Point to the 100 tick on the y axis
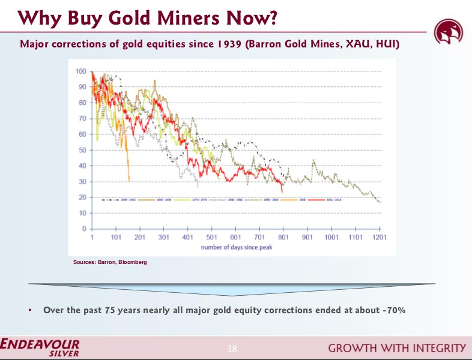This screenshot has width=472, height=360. point(80,71)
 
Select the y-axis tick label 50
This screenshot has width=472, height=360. point(82,150)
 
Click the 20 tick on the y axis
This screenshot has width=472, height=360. point(82,197)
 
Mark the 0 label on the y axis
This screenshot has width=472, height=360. point(84,229)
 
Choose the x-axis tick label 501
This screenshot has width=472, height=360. point(211,237)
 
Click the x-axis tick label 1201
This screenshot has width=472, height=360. point(379,237)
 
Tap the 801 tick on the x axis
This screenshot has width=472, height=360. point(283,237)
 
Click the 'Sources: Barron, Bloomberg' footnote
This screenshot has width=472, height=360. point(109,262)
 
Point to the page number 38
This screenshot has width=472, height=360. point(232,349)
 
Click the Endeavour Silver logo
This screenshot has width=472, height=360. point(40,347)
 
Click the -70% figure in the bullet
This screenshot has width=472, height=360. point(394,310)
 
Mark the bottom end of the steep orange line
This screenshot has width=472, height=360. point(129,181)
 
